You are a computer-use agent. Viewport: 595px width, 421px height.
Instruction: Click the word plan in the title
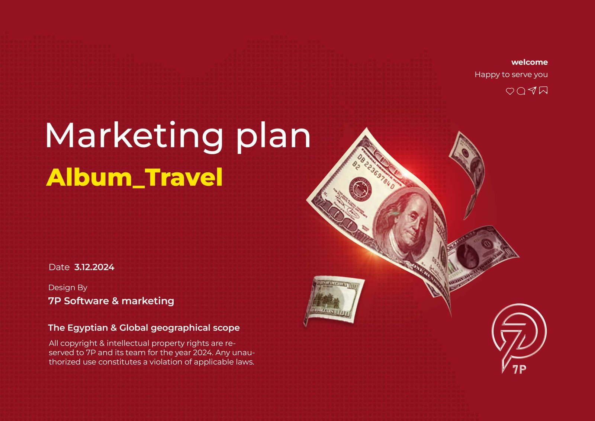click(274, 137)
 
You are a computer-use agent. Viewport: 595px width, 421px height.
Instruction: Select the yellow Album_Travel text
click(134, 178)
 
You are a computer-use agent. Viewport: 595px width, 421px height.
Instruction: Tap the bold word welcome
click(530, 62)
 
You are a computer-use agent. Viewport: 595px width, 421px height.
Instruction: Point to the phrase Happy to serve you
click(511, 75)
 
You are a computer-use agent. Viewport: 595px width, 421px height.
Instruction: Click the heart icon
click(510, 91)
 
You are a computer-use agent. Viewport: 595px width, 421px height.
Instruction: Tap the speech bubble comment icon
click(521, 91)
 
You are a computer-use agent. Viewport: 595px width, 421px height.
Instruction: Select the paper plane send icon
click(532, 90)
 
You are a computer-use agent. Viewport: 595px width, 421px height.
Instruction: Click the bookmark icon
click(543, 90)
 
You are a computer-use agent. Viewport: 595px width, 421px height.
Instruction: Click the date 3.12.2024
click(94, 267)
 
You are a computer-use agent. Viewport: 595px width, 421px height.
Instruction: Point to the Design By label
click(68, 287)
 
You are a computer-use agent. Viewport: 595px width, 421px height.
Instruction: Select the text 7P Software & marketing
click(111, 301)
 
